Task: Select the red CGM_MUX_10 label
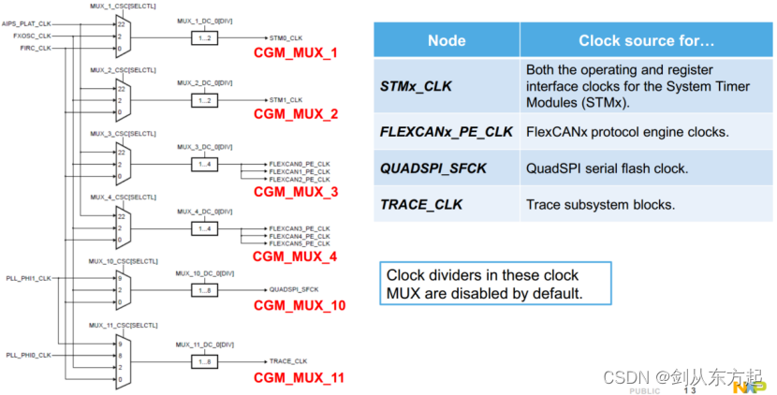[x=300, y=306]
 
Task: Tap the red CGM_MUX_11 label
[x=300, y=378]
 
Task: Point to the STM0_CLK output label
[x=286, y=37]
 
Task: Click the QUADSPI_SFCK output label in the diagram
[x=294, y=289]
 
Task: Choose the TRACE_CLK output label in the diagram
[x=288, y=360]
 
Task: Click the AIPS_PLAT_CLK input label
[x=27, y=25]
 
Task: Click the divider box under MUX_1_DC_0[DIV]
[x=205, y=37]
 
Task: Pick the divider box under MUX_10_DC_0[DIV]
[x=205, y=289]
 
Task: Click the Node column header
[x=447, y=40]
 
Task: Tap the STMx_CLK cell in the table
[x=417, y=86]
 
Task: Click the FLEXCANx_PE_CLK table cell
[x=447, y=132]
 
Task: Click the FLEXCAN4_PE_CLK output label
[x=299, y=237]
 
